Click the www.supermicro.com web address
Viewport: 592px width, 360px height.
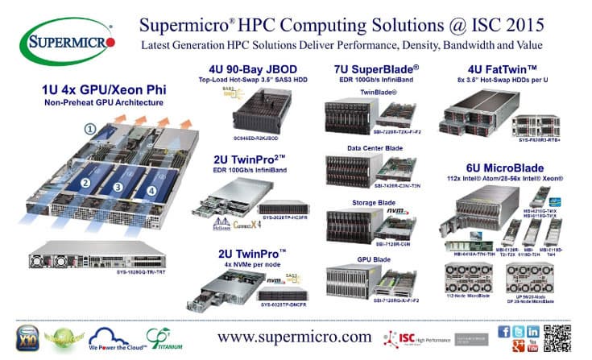pyautogui.click(x=293, y=336)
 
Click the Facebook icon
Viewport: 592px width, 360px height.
pyautogui.click(x=503, y=330)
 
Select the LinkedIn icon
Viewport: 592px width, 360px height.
pyautogui.click(x=532, y=330)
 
